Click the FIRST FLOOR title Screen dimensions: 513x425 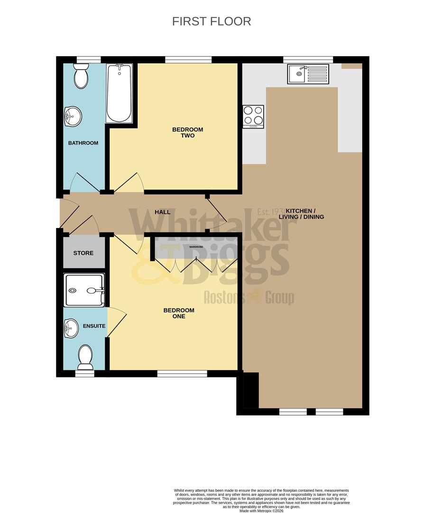coord(211,21)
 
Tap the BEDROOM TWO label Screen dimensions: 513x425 coord(187,133)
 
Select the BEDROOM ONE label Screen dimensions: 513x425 coord(179,313)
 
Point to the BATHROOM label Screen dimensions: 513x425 coord(83,143)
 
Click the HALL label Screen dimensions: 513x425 coord(162,212)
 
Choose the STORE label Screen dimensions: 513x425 coord(83,253)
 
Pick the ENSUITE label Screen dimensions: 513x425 coord(94,326)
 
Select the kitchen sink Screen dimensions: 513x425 coord(308,74)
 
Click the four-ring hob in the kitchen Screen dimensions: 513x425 coord(253,116)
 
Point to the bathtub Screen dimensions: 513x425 coord(119,94)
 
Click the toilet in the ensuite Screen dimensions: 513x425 coord(85,357)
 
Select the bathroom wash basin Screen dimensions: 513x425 coord(73,115)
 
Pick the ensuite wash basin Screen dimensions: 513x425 coord(71,327)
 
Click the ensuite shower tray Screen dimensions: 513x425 coord(84,290)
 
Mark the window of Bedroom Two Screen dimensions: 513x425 coord(188,59)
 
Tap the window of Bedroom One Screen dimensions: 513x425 coord(182,374)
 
